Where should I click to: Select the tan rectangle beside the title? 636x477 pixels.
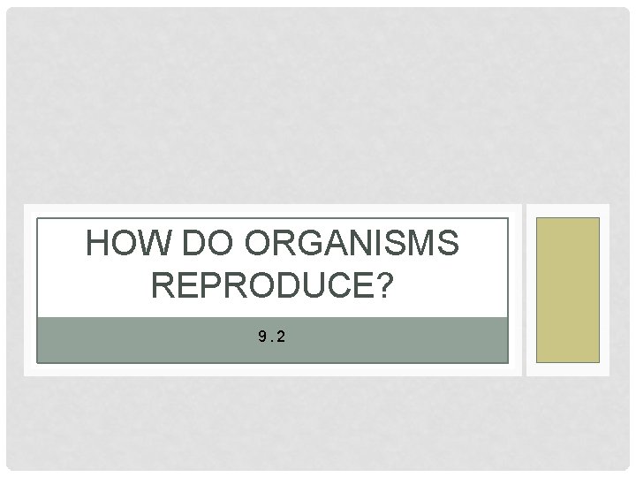(568, 290)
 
